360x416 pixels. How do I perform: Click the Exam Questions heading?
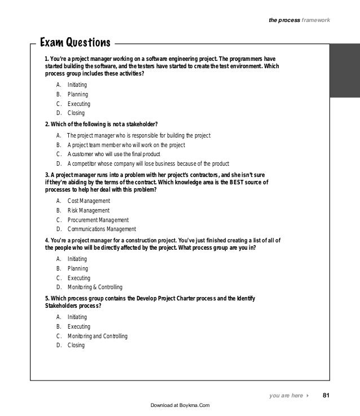[x=74, y=43]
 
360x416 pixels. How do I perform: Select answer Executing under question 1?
[x=78, y=104]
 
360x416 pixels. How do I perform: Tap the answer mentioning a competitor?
[x=148, y=165]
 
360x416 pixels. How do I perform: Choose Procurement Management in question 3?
[x=98, y=220]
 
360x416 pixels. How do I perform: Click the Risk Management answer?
[x=89, y=210]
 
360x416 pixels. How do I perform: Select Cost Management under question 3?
[x=89, y=201]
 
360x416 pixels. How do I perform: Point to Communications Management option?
[x=102, y=229]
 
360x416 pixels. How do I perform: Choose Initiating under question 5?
[x=77, y=317]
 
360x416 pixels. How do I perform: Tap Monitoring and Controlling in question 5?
[x=97, y=336]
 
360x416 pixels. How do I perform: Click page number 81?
[x=326, y=396]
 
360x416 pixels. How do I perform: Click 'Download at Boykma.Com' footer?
[x=180, y=405]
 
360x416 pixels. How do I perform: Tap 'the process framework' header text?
[x=299, y=21]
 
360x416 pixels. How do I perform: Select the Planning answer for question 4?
[x=77, y=268]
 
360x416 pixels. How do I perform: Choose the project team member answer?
[x=126, y=145]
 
